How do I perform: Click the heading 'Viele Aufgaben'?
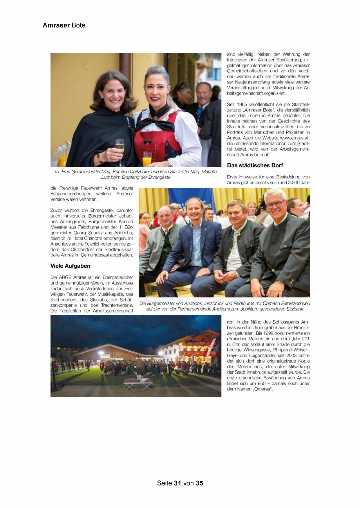pyautogui.click(x=70, y=266)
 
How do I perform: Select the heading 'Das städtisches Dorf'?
pyautogui.click(x=255, y=165)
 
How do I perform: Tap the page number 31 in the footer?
pyautogui.click(x=178, y=483)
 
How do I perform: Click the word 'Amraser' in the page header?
pyautogui.click(x=56, y=25)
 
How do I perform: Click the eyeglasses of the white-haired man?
pyautogui.click(x=275, y=204)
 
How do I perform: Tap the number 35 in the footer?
pyautogui.click(x=199, y=483)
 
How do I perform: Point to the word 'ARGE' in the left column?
pyautogui.click(x=65, y=277)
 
